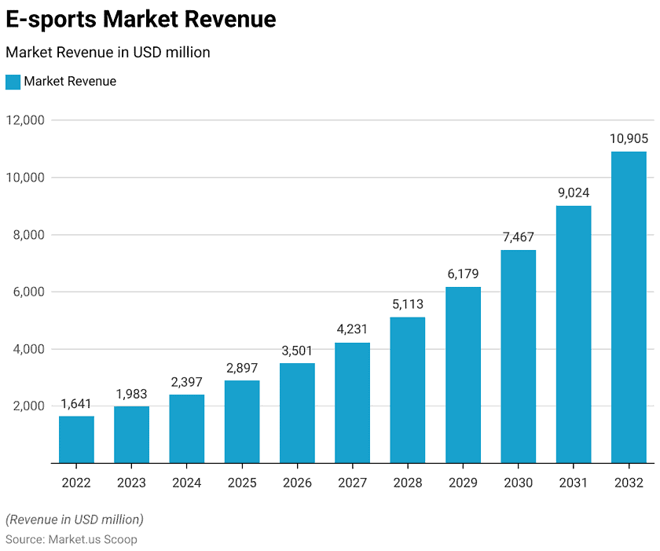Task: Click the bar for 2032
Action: (629, 307)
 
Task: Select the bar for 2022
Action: (76, 439)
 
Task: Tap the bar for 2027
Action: (352, 402)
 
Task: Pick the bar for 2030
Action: (518, 356)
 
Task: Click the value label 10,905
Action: (629, 138)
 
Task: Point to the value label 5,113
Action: (408, 303)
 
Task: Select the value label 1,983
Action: (131, 393)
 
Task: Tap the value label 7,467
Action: (518, 237)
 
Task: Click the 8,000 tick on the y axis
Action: (25, 235)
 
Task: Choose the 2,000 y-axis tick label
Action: (25, 406)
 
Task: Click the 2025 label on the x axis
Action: (242, 483)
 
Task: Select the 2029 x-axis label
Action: (463, 483)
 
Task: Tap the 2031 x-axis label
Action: (574, 483)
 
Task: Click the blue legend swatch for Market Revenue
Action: (13, 82)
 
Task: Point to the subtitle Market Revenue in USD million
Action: (108, 53)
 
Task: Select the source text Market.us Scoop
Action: (93, 539)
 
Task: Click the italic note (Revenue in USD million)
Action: (75, 520)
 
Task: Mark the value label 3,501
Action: (297, 350)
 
